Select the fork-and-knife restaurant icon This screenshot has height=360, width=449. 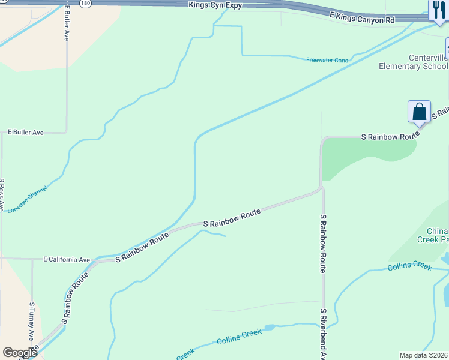point(438,10)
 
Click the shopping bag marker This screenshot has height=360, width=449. point(419,112)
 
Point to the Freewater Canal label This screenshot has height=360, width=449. point(328,60)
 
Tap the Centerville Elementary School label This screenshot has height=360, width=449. point(412,62)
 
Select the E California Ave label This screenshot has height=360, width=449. point(67,260)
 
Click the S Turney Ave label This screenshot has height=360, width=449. point(32,322)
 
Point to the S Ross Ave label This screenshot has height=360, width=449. point(2,194)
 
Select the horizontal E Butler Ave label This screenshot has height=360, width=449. point(25,132)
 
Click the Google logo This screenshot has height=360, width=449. point(20,353)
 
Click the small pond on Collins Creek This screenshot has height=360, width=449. point(270,328)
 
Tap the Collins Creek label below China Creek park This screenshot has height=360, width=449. point(409,266)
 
